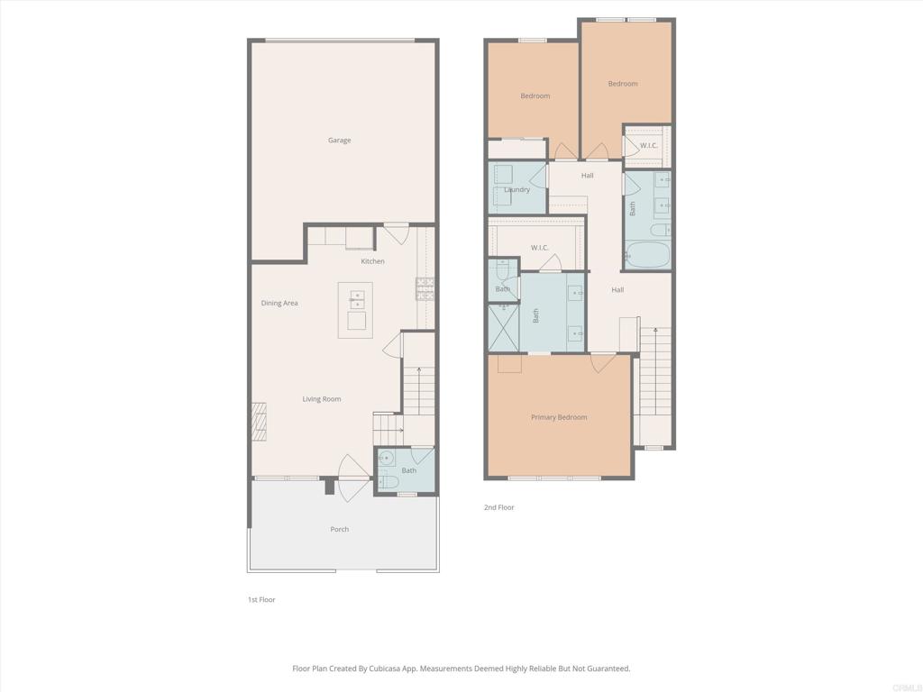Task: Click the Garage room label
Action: (x=339, y=140)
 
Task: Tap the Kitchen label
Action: (x=372, y=261)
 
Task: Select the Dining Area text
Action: (x=279, y=303)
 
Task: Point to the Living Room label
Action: (x=322, y=399)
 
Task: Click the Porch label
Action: (x=339, y=529)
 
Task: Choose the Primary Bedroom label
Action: (x=559, y=417)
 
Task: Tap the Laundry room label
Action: (x=516, y=189)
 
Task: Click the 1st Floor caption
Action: (x=261, y=599)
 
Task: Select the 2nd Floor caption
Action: (x=498, y=507)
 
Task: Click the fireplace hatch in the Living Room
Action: (x=259, y=422)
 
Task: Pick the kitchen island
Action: (x=355, y=310)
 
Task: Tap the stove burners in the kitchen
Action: (x=425, y=289)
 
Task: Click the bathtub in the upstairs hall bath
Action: (x=647, y=254)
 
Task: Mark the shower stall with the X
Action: (x=503, y=328)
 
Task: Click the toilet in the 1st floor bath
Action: (x=388, y=482)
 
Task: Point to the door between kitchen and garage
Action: (x=397, y=233)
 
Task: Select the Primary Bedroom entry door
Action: (x=603, y=362)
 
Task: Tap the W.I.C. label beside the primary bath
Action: (x=539, y=248)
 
